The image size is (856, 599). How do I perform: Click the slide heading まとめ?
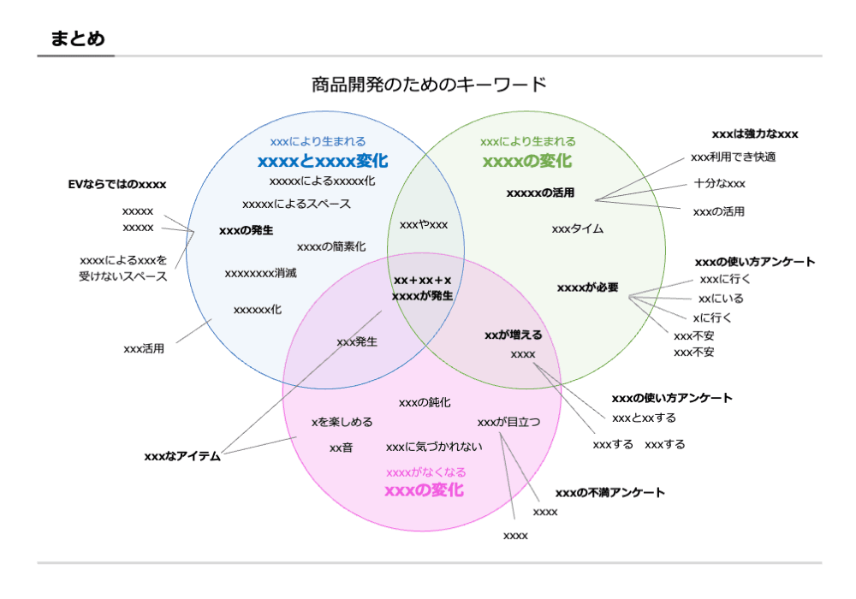[x=78, y=39]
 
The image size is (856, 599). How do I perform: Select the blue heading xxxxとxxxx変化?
[x=323, y=160]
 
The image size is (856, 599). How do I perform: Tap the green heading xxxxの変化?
[x=527, y=160]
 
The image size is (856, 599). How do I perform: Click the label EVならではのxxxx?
[x=117, y=184]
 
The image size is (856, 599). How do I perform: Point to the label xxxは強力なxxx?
[x=755, y=134]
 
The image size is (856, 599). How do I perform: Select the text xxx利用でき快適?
[x=733, y=157]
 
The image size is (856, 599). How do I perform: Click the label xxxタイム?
[x=578, y=228]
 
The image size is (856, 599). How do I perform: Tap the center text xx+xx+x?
[x=423, y=280]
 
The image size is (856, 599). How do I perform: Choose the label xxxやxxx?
[x=424, y=224]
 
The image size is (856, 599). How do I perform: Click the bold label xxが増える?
[x=514, y=335]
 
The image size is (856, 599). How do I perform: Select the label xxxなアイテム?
[x=182, y=456]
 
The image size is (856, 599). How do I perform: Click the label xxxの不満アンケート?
[x=609, y=493]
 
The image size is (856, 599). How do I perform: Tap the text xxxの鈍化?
[x=425, y=402]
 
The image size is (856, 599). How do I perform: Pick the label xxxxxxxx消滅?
[x=260, y=274]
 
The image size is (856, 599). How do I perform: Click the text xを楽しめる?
[x=342, y=422]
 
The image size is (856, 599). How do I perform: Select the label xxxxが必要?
[x=587, y=288]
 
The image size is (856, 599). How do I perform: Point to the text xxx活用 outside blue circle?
[x=144, y=348]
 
